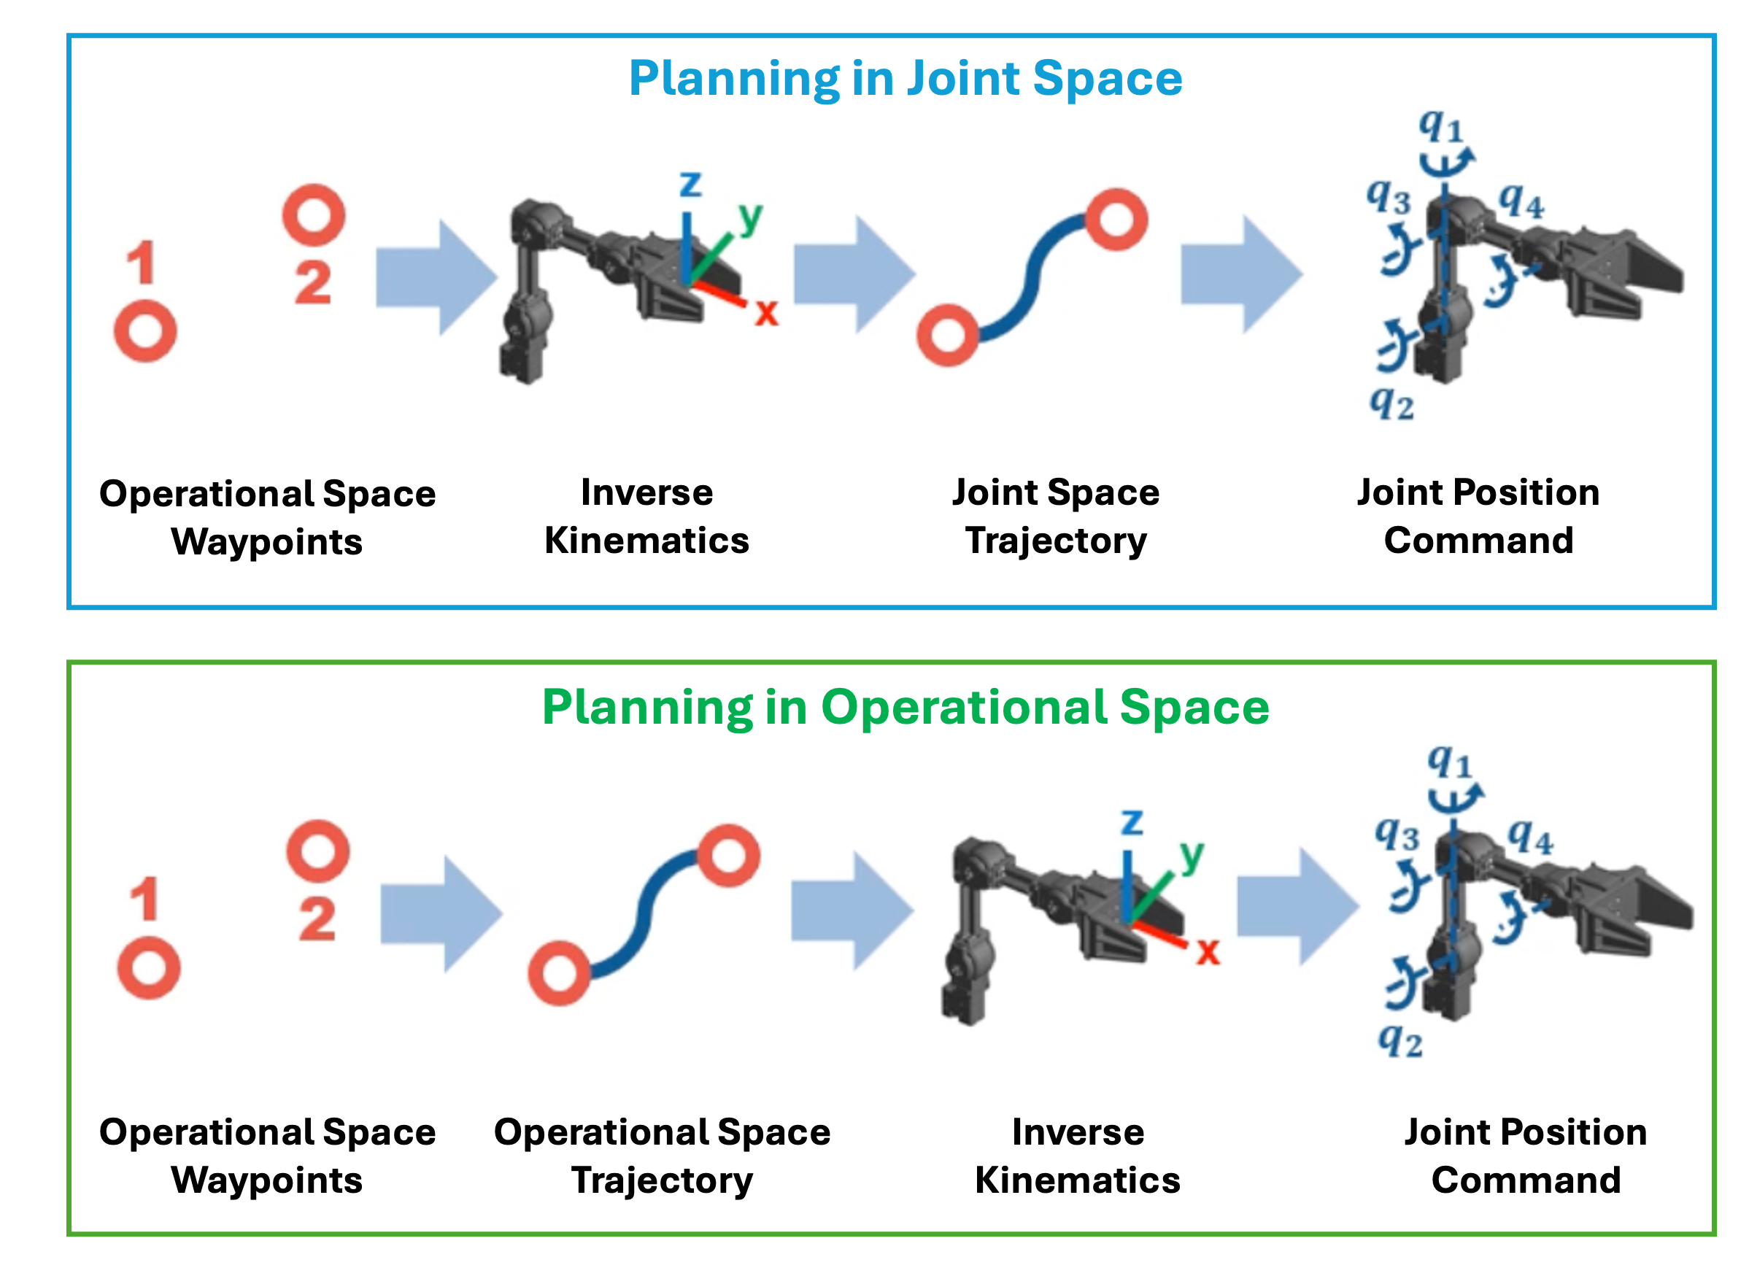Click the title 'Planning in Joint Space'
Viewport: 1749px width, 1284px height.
click(x=905, y=80)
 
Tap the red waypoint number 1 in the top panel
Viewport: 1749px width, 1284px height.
click(x=142, y=263)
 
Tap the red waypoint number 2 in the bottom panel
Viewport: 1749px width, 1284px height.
click(x=317, y=920)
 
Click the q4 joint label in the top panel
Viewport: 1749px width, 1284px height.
click(x=1521, y=201)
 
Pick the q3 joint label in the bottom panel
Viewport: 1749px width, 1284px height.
click(x=1397, y=835)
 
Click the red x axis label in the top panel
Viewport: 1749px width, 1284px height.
click(x=766, y=313)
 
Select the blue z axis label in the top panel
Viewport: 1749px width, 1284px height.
click(x=690, y=184)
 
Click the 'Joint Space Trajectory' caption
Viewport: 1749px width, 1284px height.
click(x=1056, y=517)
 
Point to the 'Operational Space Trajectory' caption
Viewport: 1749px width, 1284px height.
click(x=662, y=1156)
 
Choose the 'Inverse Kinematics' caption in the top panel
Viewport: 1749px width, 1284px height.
click(x=646, y=517)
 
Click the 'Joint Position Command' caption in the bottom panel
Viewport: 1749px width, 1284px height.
click(x=1525, y=1156)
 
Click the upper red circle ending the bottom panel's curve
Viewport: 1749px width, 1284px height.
click(x=727, y=856)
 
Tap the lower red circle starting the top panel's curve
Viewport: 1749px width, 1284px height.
click(x=948, y=336)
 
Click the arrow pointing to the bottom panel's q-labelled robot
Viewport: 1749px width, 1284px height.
click(x=1297, y=907)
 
